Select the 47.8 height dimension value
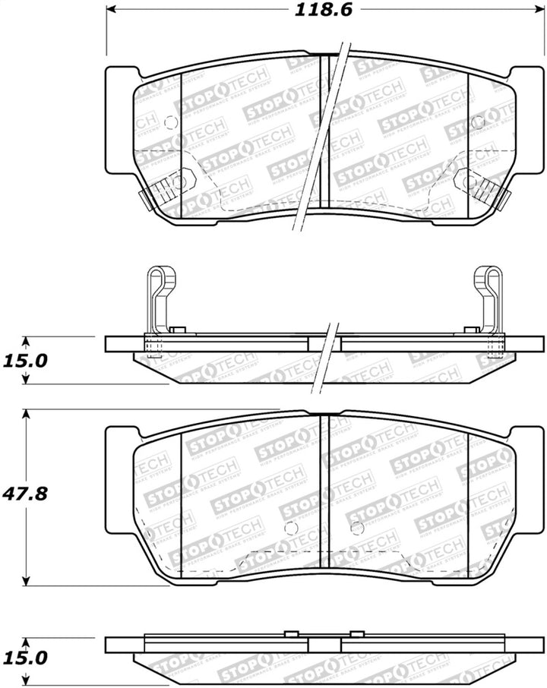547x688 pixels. click(26, 494)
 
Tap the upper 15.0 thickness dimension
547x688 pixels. click(26, 360)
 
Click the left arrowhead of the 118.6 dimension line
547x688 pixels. click(111, 11)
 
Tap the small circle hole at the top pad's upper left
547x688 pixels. click(170, 122)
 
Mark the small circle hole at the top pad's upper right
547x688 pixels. click(478, 122)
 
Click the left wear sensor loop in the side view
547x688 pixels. click(158, 289)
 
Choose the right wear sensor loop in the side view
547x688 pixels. click(489, 289)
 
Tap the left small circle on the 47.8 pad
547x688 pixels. click(289, 529)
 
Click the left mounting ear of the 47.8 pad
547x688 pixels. click(119, 478)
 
